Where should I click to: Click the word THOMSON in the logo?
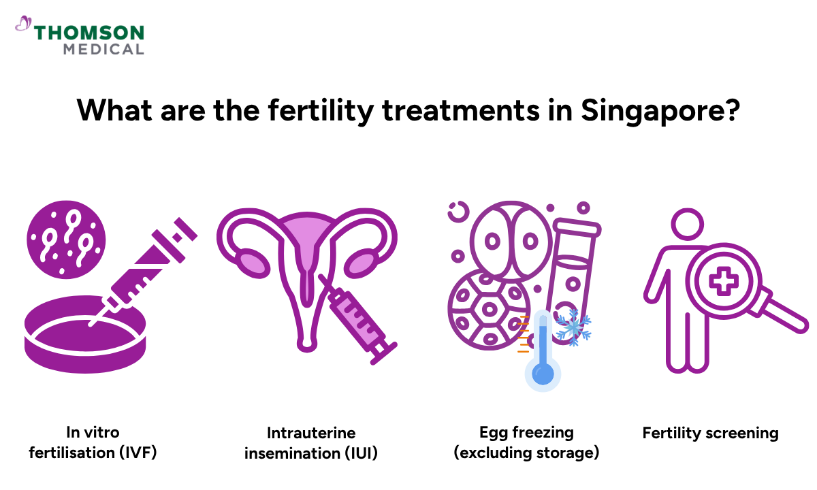pyautogui.click(x=89, y=32)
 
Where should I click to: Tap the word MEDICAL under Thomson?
pyautogui.click(x=103, y=49)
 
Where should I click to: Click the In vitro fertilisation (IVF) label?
pyautogui.click(x=93, y=442)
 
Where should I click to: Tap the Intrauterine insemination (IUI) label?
pyautogui.click(x=311, y=442)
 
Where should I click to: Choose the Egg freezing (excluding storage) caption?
pyautogui.click(x=526, y=442)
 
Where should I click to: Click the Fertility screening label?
pyautogui.click(x=710, y=433)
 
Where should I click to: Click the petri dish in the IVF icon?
pyautogui.click(x=84, y=340)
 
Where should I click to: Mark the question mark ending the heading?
pyautogui.click(x=731, y=110)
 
